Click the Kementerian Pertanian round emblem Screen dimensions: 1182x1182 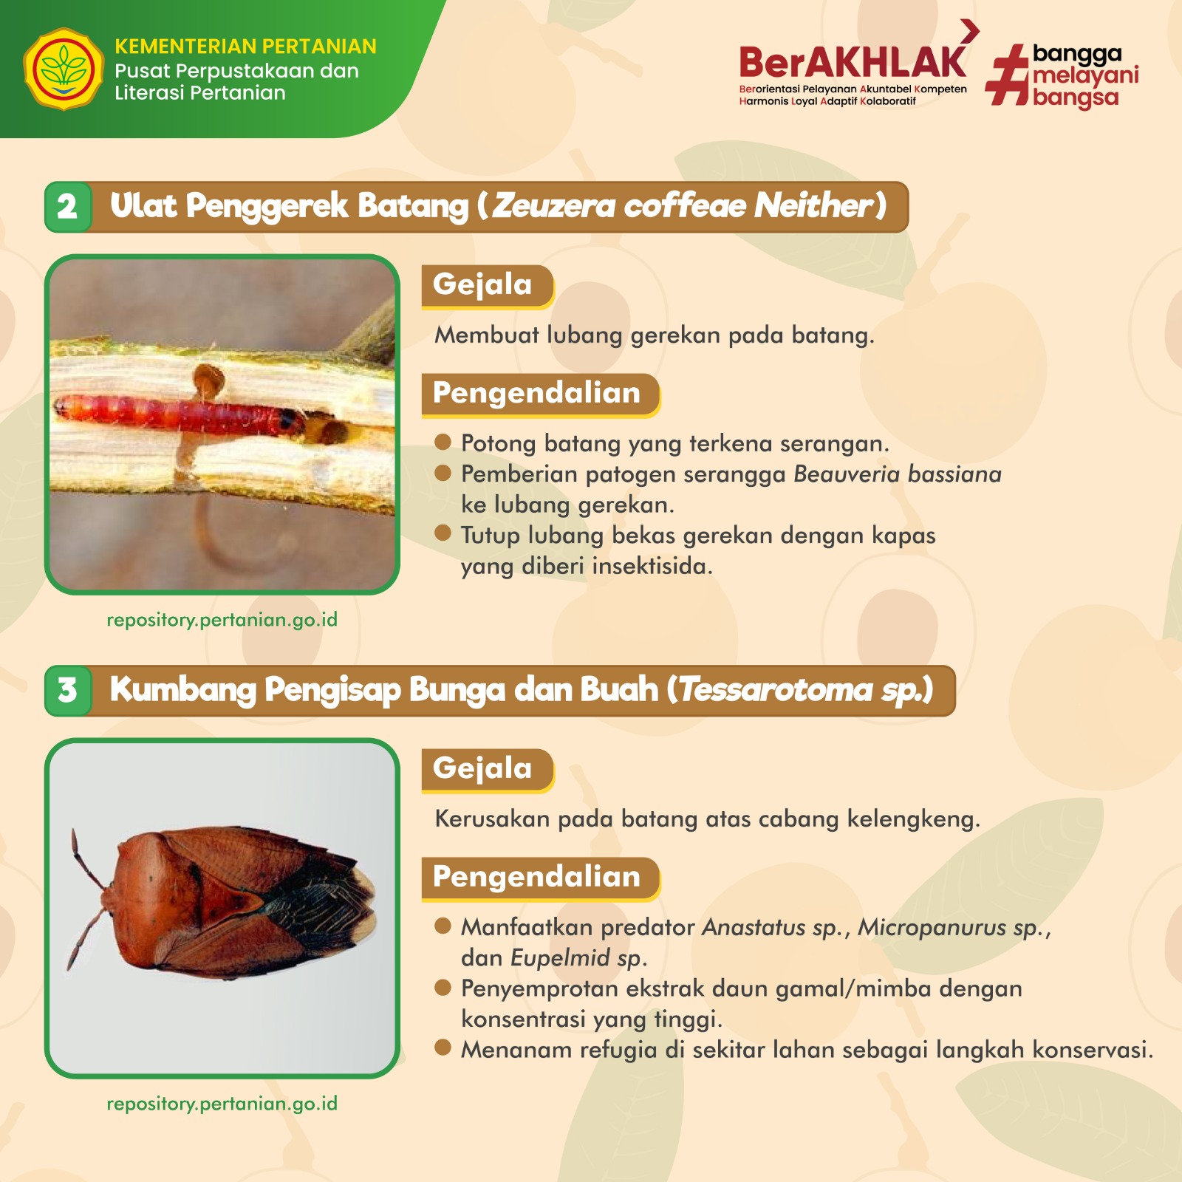[64, 69]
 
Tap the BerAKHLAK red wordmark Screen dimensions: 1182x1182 [853, 62]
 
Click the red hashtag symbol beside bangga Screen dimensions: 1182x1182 [1007, 75]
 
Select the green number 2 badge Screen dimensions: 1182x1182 [68, 207]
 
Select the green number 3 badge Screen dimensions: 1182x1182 [68, 691]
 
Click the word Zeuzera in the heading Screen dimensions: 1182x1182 [553, 206]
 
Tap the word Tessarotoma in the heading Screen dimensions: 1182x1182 [776, 690]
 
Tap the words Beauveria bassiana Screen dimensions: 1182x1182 [898, 474]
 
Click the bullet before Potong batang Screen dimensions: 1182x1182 [443, 442]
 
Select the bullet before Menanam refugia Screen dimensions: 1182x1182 [443, 1048]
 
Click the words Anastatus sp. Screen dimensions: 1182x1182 [773, 928]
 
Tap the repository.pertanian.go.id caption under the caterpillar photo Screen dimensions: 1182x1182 [222, 620]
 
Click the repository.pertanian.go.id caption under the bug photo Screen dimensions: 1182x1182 [222, 1104]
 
